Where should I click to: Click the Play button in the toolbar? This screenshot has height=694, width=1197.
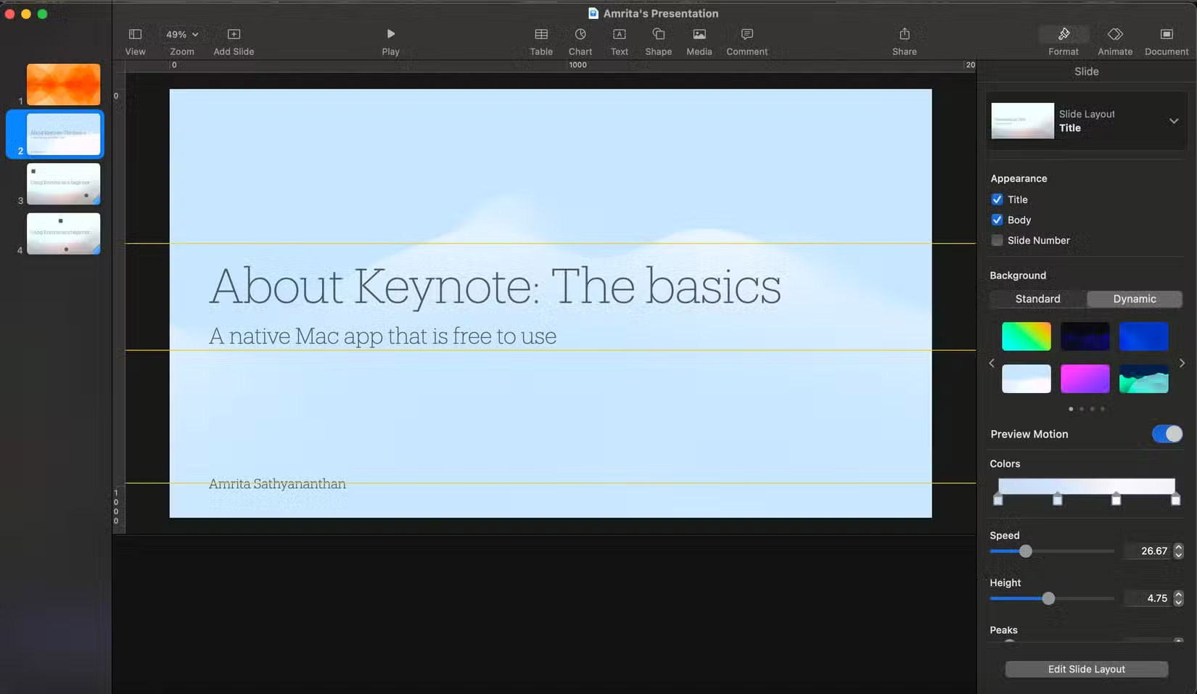click(x=390, y=34)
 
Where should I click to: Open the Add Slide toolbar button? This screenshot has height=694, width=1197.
click(x=234, y=35)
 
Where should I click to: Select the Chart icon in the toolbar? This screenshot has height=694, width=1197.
click(x=580, y=35)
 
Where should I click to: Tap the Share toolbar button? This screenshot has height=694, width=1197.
click(x=904, y=35)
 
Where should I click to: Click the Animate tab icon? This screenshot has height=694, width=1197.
click(x=1115, y=35)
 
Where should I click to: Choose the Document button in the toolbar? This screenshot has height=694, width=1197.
click(x=1166, y=35)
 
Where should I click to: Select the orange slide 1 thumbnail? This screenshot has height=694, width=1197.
click(x=64, y=84)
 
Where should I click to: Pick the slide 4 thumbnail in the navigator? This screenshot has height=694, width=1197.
click(x=64, y=233)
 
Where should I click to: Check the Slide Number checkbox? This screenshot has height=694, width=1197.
click(x=997, y=240)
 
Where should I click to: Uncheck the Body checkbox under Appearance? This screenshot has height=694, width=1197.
click(x=997, y=220)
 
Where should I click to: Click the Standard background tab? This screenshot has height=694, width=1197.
click(x=1037, y=299)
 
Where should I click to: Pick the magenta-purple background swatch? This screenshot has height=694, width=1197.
click(x=1085, y=379)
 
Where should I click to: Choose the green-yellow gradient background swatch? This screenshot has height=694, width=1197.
click(x=1026, y=336)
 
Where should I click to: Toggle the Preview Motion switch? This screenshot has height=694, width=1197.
click(x=1167, y=434)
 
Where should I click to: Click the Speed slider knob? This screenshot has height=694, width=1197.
click(x=1025, y=551)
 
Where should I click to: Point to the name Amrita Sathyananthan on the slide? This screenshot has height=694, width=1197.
click(x=277, y=484)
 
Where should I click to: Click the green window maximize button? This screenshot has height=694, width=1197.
click(x=43, y=14)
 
